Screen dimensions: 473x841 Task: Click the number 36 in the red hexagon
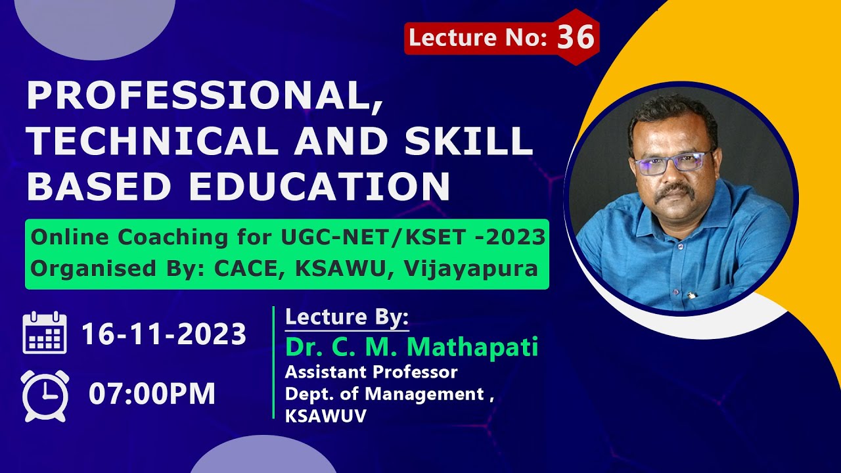(576, 37)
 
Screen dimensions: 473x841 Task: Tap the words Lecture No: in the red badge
(478, 37)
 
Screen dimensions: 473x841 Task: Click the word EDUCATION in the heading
(319, 186)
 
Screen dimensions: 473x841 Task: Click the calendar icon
(45, 333)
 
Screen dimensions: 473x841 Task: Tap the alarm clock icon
(45, 395)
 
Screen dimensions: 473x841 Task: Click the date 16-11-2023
(164, 334)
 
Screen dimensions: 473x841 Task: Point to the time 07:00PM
(152, 394)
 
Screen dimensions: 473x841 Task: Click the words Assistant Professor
(371, 372)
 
